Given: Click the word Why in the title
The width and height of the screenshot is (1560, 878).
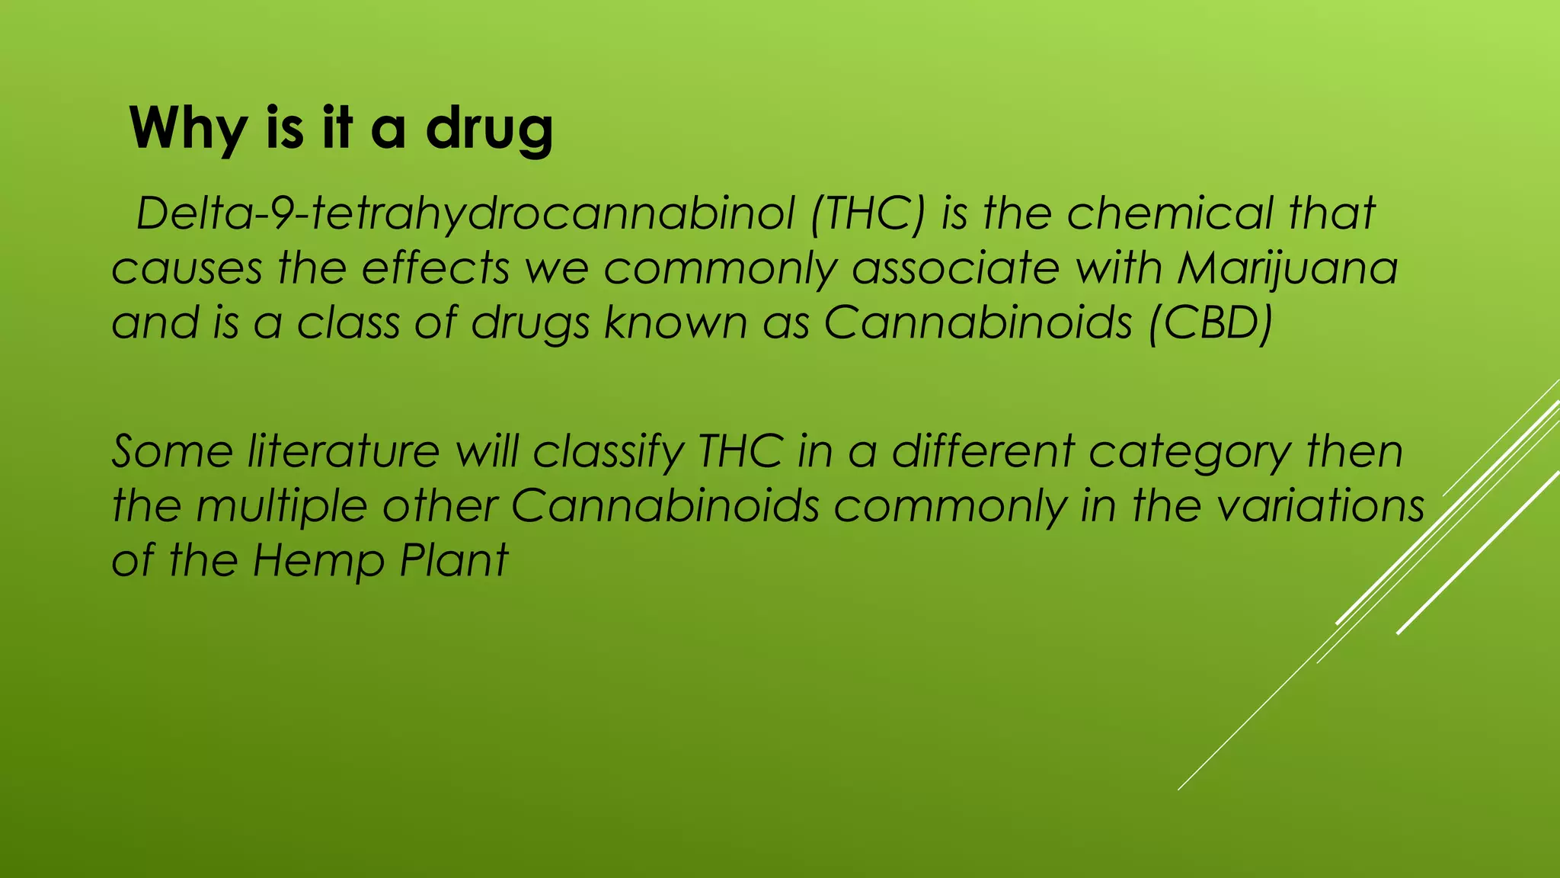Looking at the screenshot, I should tap(187, 130).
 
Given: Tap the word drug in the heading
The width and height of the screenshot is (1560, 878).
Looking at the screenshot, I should tap(489, 130).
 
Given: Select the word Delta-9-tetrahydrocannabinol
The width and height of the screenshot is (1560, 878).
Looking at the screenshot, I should tap(465, 214).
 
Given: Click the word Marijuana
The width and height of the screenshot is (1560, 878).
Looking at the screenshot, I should tap(1287, 269).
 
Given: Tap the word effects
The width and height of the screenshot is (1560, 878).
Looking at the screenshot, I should tap(435, 269).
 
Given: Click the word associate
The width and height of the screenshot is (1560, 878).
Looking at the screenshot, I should tap(955, 269).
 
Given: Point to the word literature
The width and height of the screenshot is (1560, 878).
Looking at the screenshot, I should tap(344, 451).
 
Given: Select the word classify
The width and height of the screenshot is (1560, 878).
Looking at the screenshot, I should tap(609, 451).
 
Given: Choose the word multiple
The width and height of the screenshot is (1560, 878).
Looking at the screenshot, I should tap(282, 506).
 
